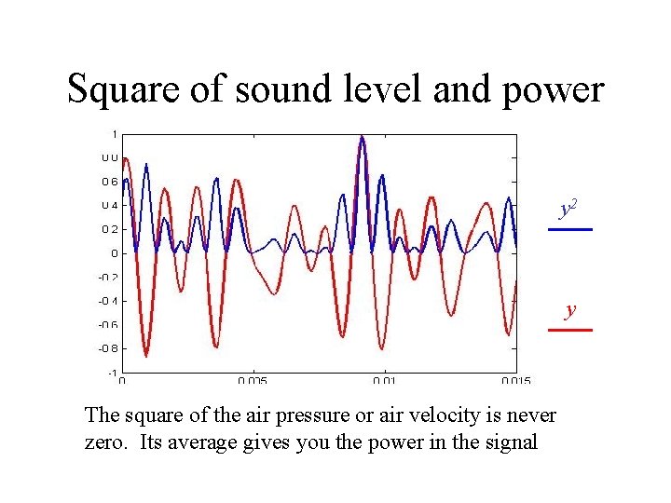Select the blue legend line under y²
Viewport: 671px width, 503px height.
tap(569, 229)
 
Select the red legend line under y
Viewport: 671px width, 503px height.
tap(569, 330)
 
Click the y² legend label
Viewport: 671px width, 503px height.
tap(568, 209)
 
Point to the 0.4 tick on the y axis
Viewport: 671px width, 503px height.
tap(109, 206)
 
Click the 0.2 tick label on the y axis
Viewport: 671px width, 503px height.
tap(109, 229)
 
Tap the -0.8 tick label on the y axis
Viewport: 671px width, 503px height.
tap(108, 348)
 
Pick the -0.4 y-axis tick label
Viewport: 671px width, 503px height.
tap(108, 301)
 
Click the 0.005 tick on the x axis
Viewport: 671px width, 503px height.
tap(252, 381)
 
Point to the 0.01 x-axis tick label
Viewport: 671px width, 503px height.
tap(384, 381)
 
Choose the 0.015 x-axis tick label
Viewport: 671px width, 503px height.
tap(515, 381)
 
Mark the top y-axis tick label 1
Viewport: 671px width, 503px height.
tap(114, 133)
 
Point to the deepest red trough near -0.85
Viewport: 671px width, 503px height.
tap(146, 355)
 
